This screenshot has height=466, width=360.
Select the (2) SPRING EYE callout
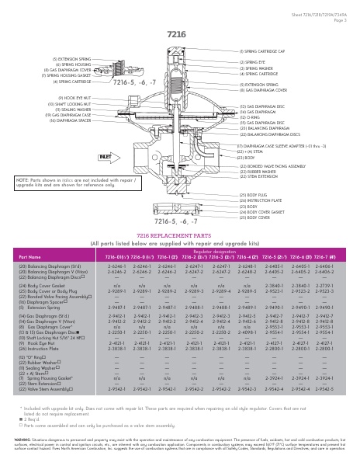(252, 61)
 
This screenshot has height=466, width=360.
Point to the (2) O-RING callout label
(251, 116)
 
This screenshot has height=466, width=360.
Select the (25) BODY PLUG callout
(251, 195)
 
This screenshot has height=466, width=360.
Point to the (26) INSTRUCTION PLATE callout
(258, 200)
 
